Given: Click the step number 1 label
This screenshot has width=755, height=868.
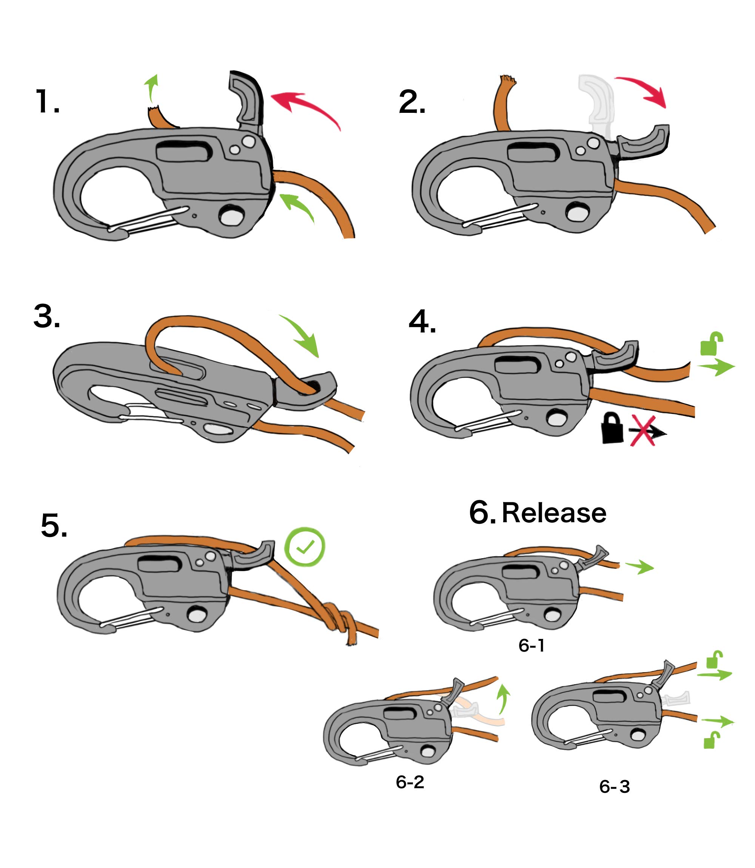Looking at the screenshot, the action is pyautogui.click(x=47, y=102).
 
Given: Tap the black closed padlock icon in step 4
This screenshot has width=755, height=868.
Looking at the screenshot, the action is pyautogui.click(x=612, y=428).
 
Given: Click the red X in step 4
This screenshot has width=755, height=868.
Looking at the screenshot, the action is pyautogui.click(x=643, y=431).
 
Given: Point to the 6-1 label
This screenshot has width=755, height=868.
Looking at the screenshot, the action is pyautogui.click(x=532, y=646).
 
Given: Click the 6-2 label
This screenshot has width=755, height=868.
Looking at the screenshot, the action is pyautogui.click(x=410, y=782).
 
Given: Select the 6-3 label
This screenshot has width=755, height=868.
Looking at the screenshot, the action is pyautogui.click(x=615, y=787).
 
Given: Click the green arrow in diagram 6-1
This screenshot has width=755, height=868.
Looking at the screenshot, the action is pyautogui.click(x=639, y=567).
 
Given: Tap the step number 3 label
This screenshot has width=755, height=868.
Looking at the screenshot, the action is pyautogui.click(x=47, y=316).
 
